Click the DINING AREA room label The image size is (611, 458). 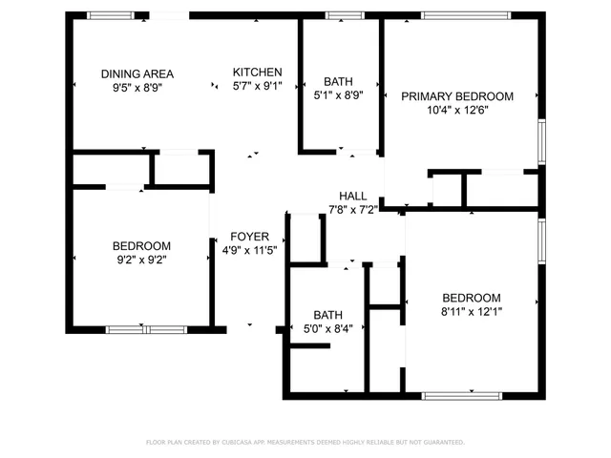(x=137, y=73)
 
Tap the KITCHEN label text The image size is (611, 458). (x=258, y=72)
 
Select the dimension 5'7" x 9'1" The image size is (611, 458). (x=258, y=87)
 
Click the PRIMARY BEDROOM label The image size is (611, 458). (x=457, y=96)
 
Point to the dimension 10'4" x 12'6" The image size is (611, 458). (x=457, y=111)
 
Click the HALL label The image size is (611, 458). (x=353, y=195)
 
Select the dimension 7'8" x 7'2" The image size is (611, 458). (x=353, y=208)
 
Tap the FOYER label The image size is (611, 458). (x=249, y=237)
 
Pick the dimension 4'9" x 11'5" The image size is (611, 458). (x=249, y=251)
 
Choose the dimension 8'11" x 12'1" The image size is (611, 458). (x=472, y=311)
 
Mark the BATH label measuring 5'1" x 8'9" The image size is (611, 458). (x=337, y=81)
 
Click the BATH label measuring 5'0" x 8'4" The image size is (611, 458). (x=327, y=315)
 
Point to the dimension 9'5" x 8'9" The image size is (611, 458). (x=137, y=88)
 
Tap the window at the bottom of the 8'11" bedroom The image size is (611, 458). (x=461, y=395)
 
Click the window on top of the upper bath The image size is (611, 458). (x=339, y=15)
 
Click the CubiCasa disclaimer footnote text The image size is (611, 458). (x=305, y=442)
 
